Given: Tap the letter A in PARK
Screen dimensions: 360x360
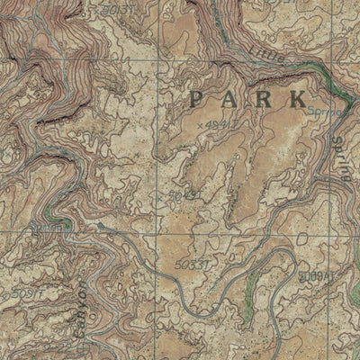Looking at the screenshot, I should coord(230,97).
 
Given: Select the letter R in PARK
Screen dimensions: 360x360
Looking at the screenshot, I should coord(264,97).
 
